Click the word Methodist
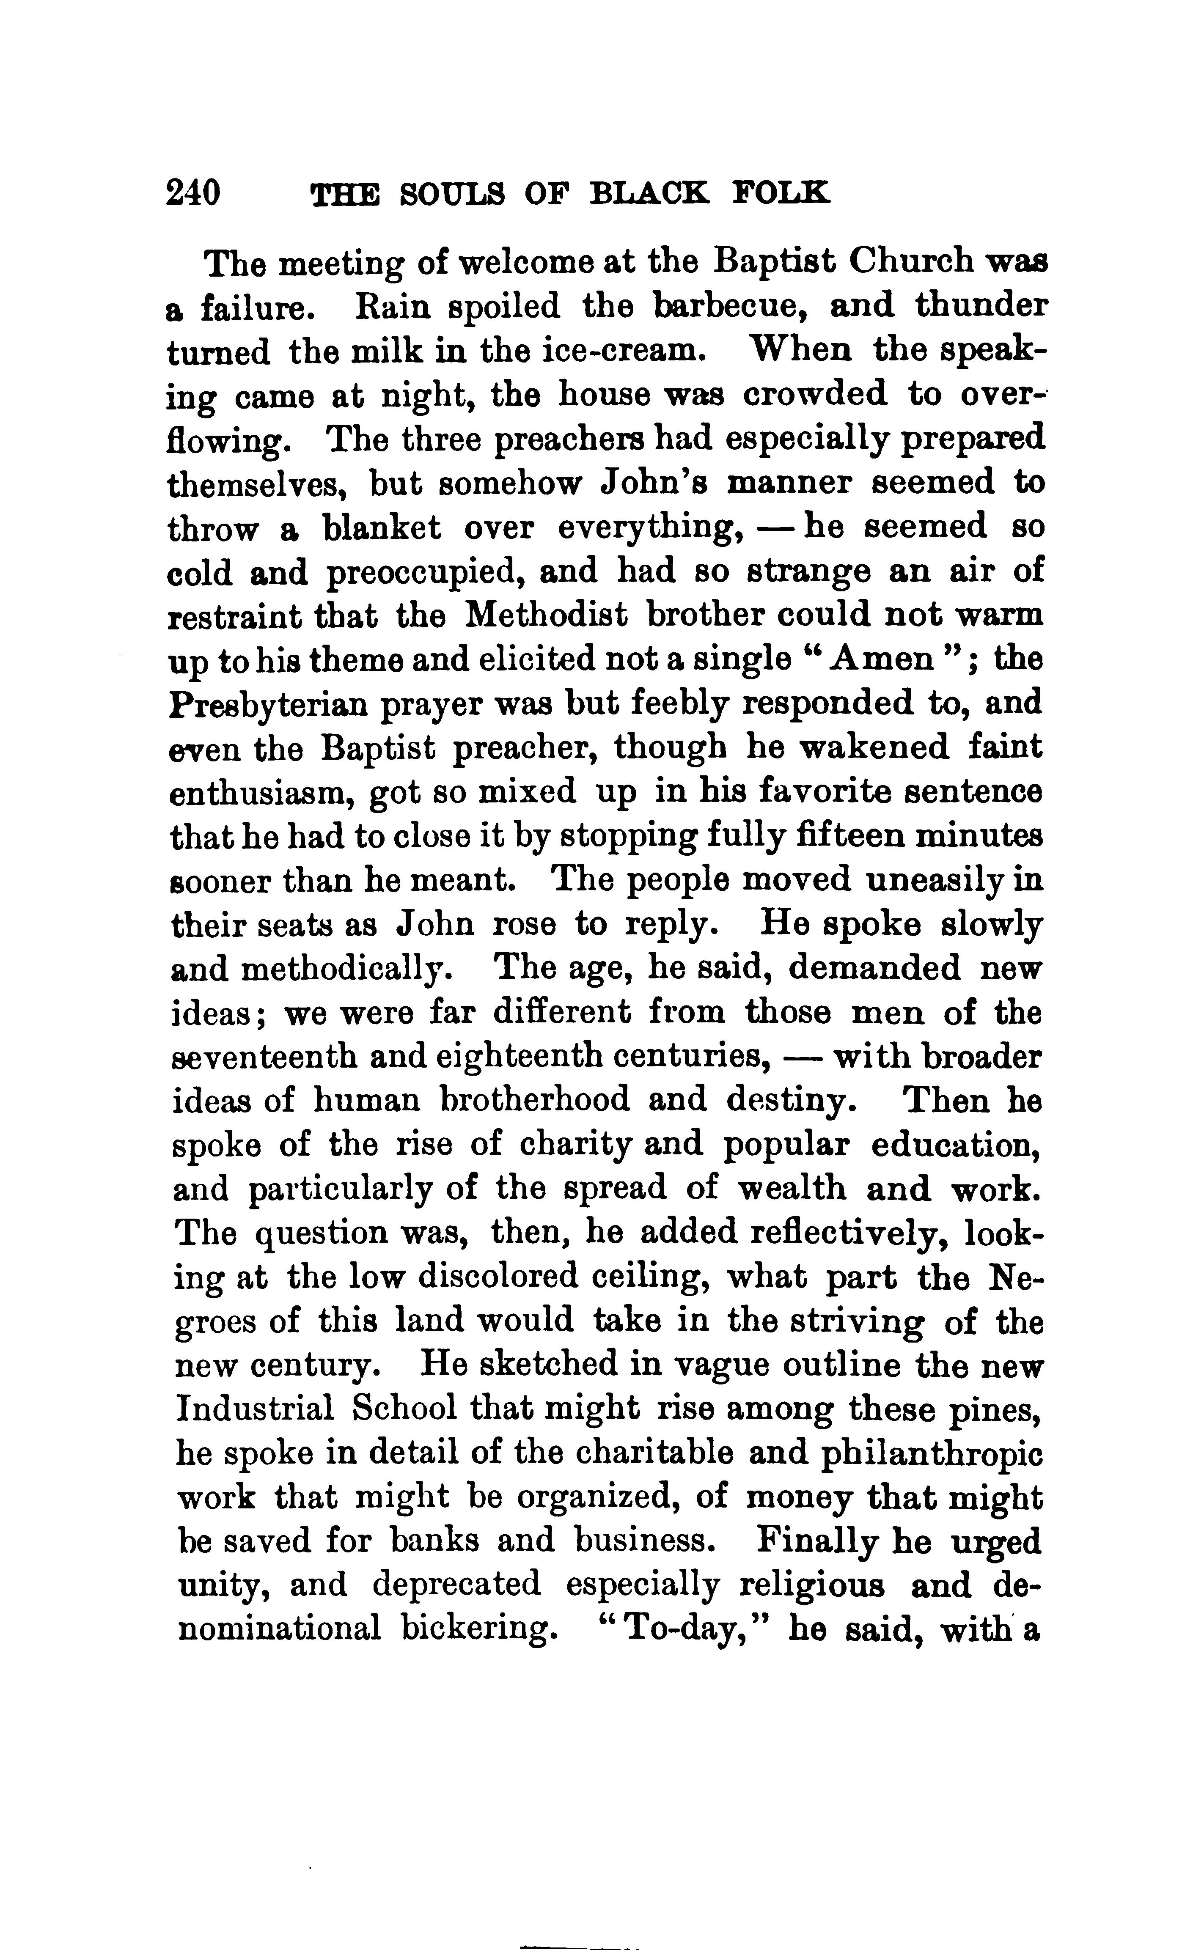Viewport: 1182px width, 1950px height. (546, 615)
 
